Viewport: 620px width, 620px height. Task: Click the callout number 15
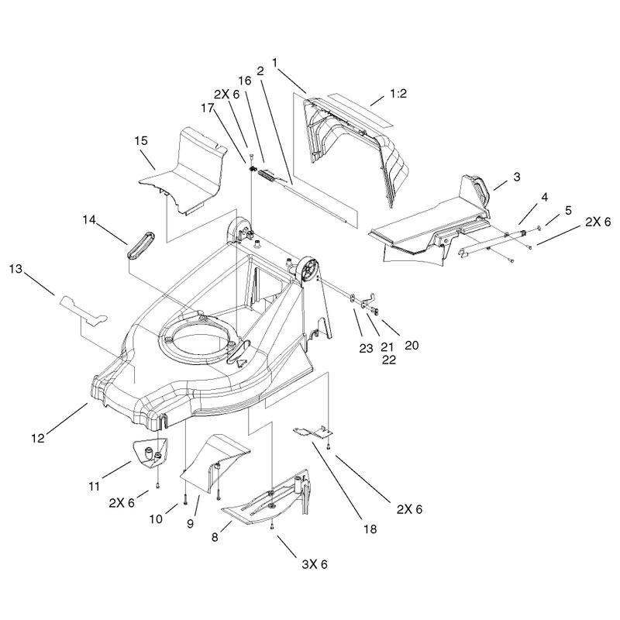point(141,141)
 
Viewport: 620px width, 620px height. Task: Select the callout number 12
point(38,438)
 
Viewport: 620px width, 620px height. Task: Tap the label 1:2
point(398,94)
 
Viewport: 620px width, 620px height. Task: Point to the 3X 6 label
point(315,564)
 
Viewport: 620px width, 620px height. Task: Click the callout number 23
point(366,348)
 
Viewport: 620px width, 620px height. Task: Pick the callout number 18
point(370,529)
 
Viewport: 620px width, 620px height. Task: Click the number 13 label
point(15,269)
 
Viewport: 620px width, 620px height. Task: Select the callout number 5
point(568,210)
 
